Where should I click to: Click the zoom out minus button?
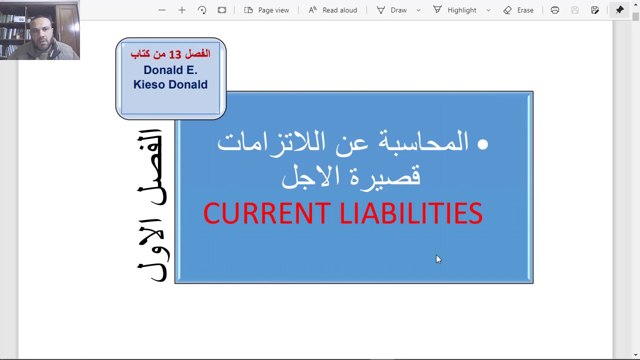pyautogui.click(x=161, y=10)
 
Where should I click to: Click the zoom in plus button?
pyautogui.click(x=182, y=10)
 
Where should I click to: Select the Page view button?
pyautogui.click(x=266, y=10)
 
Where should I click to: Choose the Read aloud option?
pyautogui.click(x=332, y=10)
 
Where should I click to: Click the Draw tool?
pyautogui.click(x=392, y=10)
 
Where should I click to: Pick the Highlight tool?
pyautogui.click(x=455, y=10)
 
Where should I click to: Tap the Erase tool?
pyautogui.click(x=518, y=10)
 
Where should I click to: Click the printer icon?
pyautogui.click(x=555, y=10)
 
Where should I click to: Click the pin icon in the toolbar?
pyautogui.click(x=619, y=10)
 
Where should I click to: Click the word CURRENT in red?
pyautogui.click(x=266, y=214)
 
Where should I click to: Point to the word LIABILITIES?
pyautogui.click(x=410, y=214)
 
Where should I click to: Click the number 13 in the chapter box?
pyautogui.click(x=174, y=54)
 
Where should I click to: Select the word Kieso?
pyautogui.click(x=148, y=84)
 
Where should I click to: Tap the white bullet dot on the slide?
pyautogui.click(x=482, y=144)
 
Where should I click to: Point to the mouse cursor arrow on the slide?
pyautogui.click(x=438, y=258)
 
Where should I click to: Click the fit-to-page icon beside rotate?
pyautogui.click(x=222, y=10)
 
